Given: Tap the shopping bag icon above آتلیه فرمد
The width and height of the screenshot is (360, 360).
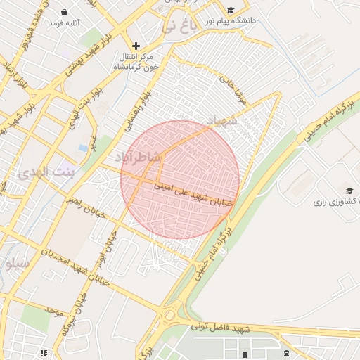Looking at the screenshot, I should point(65,12).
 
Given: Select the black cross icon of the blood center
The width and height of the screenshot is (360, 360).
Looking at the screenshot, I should point(136,46).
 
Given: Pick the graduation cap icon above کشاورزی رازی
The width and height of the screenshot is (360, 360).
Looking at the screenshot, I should point(349,191).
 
